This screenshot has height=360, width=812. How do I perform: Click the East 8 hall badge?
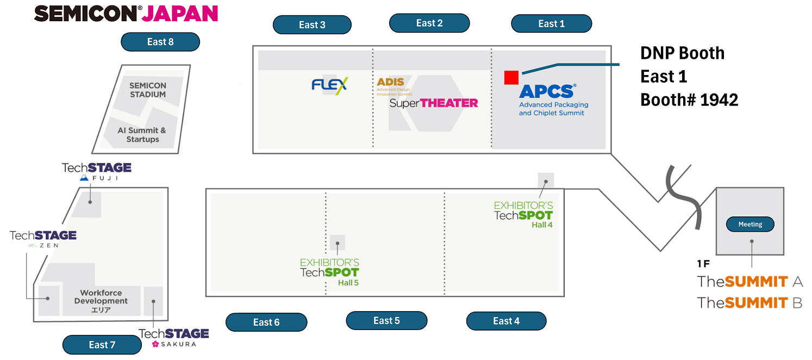[x=160, y=42]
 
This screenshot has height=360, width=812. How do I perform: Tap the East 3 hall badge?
[x=312, y=24]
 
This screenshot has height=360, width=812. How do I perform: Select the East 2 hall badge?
[x=429, y=23]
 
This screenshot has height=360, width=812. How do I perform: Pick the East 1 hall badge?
[x=551, y=23]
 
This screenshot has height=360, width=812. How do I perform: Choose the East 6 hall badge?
[x=266, y=322]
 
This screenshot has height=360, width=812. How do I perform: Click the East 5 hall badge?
[x=386, y=320]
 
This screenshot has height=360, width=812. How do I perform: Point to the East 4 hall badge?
[x=506, y=321]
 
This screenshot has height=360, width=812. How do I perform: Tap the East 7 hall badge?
[x=102, y=345]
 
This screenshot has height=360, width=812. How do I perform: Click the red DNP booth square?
[x=511, y=78]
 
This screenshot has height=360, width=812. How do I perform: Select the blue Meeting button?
[x=750, y=224]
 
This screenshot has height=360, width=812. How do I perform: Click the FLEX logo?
[x=329, y=85]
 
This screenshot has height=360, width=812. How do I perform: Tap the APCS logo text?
[x=547, y=91]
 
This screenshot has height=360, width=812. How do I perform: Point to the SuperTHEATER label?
[x=434, y=103]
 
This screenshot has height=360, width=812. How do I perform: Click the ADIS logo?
[x=391, y=82]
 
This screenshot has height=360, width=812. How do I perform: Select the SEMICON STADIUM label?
[x=148, y=90]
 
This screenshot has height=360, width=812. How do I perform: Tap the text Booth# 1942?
[x=689, y=100]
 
